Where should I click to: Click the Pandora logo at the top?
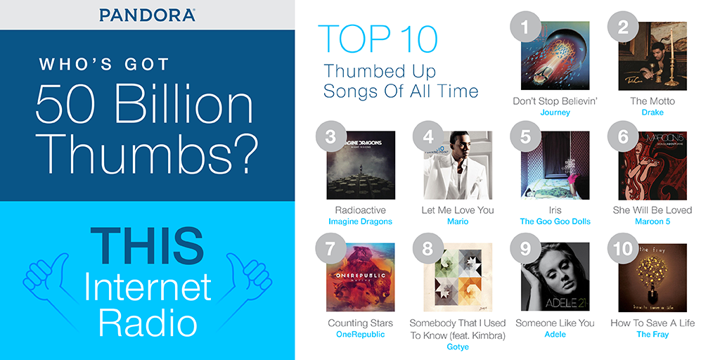pyautogui.click(x=147, y=14)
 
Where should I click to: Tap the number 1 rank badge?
pyautogui.click(x=525, y=27)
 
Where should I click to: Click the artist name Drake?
pyautogui.click(x=652, y=112)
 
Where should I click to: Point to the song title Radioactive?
pyautogui.click(x=361, y=210)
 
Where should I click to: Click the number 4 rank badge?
pyautogui.click(x=428, y=136)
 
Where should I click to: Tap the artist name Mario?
pyautogui.click(x=458, y=221)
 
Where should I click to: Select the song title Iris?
pyautogui.click(x=555, y=210)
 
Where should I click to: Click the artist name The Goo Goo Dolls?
pyautogui.click(x=555, y=221)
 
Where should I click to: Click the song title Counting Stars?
pyautogui.click(x=361, y=323)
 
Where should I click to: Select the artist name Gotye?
pyautogui.click(x=458, y=347)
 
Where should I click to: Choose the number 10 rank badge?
pyautogui.click(x=622, y=249)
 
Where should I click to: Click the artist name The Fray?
pyautogui.click(x=652, y=335)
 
